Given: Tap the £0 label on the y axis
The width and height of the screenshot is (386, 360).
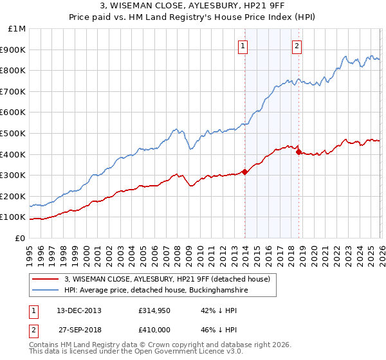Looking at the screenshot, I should click(x=21, y=238).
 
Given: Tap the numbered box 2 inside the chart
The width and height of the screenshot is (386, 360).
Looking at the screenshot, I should click(x=297, y=45).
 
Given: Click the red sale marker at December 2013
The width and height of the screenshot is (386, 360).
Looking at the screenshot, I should click(x=244, y=172).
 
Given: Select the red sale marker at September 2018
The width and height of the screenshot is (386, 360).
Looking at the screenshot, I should click(x=299, y=152).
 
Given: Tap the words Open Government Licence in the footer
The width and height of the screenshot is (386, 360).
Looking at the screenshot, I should click(x=177, y=353).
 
